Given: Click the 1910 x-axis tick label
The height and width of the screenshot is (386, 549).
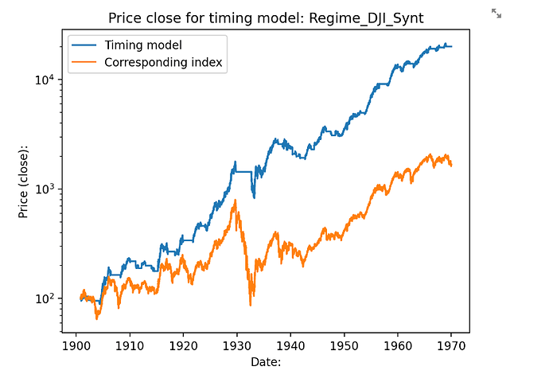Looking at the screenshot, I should [x=130, y=346].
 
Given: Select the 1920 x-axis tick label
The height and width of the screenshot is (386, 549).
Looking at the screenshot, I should [x=183, y=346].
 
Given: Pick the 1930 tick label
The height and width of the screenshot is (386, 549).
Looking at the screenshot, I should [x=236, y=346].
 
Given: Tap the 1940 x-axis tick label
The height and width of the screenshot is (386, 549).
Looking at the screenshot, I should [x=290, y=346].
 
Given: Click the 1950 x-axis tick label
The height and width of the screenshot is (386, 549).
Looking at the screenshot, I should [x=344, y=346].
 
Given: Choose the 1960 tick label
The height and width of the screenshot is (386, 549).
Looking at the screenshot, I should [x=397, y=346].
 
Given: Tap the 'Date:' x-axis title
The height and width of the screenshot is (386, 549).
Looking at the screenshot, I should [x=264, y=362].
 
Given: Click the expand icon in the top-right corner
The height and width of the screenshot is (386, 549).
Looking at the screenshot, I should [x=496, y=13].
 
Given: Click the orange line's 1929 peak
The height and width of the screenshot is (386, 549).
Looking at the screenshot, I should [x=235, y=201].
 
